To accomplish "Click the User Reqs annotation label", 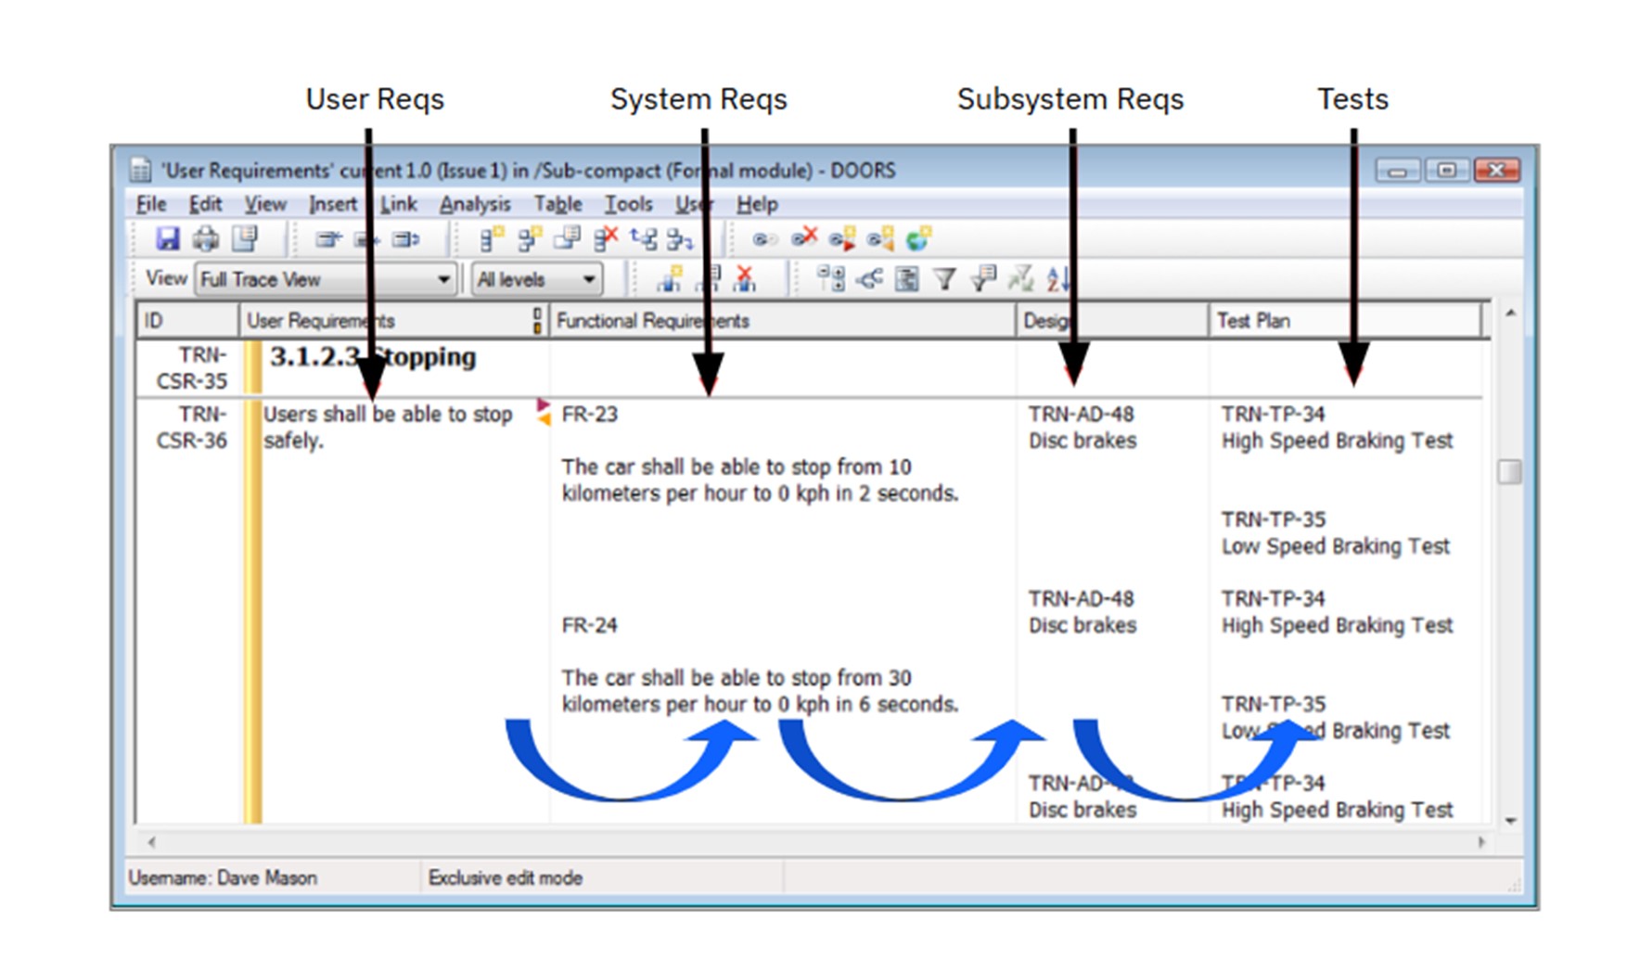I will point(375,99).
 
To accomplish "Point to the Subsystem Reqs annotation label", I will point(1070,99).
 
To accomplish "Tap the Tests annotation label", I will point(1352,99).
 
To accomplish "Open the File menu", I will point(151,204).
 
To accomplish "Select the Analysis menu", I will point(474,204).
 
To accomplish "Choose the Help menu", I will point(757,204).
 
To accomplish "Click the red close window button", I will point(1496,170).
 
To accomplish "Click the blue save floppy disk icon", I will point(168,239).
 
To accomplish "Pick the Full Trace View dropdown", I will point(326,279).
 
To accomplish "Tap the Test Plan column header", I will point(1253,321).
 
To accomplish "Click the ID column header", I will point(154,321).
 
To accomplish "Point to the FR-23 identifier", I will point(589,415).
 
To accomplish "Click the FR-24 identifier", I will point(589,625).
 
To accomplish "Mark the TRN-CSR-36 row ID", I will point(191,428).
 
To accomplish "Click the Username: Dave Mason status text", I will point(223,877).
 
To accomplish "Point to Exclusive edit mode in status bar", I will point(506,877).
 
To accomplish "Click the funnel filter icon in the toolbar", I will point(944,278).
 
